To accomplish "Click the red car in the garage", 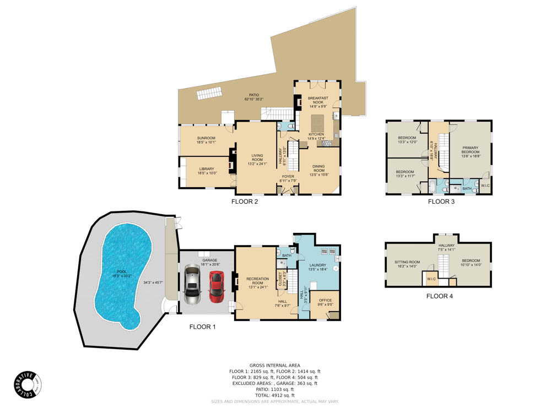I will click(x=217, y=286).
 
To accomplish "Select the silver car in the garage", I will click(x=192, y=284).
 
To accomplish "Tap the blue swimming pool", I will click(x=123, y=276).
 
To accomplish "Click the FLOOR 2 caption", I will click(x=245, y=202).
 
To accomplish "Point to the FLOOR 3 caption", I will click(x=441, y=202).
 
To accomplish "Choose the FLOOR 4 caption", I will click(x=440, y=296).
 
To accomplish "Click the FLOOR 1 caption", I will click(x=203, y=327).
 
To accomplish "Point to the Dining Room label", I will click(x=318, y=169).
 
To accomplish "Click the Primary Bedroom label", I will click(x=471, y=151).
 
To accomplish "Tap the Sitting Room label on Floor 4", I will click(x=407, y=264).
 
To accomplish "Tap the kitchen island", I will click(x=318, y=121).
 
